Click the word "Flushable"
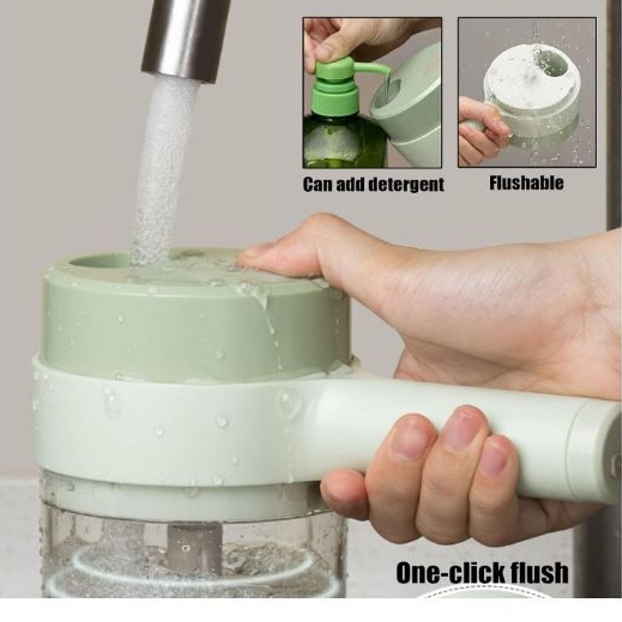[526, 182]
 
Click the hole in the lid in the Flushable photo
[553, 63]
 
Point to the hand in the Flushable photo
[481, 129]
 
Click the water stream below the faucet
[163, 171]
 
